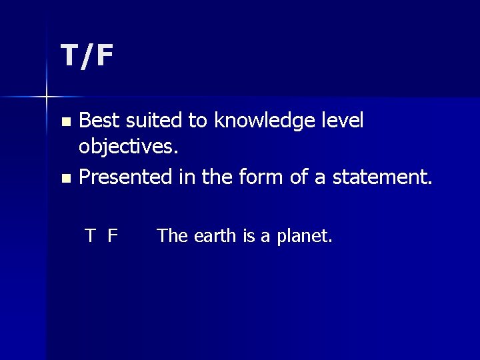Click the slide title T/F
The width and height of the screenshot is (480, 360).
(87, 56)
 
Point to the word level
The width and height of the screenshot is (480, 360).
(341, 121)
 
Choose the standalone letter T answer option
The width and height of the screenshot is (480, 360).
(90, 235)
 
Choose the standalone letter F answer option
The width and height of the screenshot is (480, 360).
(113, 235)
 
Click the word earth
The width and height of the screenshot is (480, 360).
(215, 235)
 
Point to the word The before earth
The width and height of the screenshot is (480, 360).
(172, 235)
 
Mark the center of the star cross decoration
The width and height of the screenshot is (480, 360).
(47, 97)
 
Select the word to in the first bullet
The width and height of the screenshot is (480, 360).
(197, 121)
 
